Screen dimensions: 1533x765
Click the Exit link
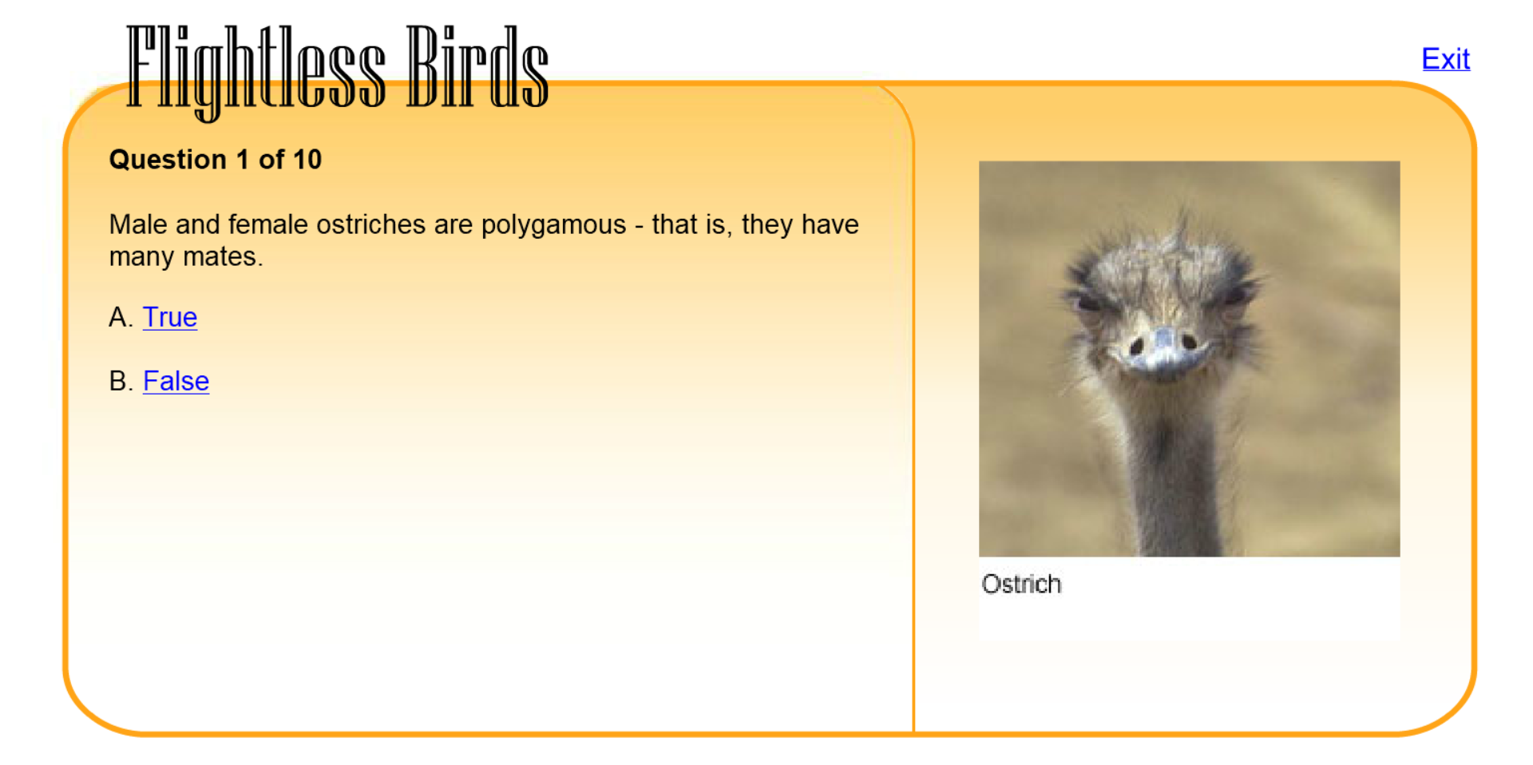(x=1445, y=59)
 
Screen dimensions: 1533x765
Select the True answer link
(x=170, y=317)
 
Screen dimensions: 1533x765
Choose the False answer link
(x=176, y=381)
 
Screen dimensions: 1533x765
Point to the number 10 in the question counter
(x=307, y=160)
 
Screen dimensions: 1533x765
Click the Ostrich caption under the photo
(x=1021, y=584)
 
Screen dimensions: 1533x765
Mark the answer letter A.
(x=118, y=318)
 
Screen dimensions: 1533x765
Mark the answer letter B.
(x=118, y=382)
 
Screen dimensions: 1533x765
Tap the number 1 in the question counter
(x=243, y=160)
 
